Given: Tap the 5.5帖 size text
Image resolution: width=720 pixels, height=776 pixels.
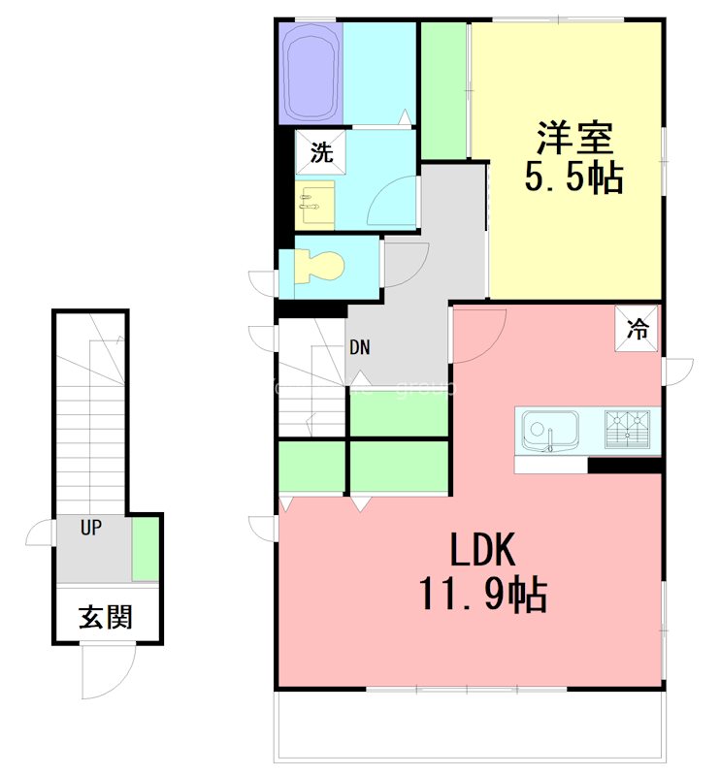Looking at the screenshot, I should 573,178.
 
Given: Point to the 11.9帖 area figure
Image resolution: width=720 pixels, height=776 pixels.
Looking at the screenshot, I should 481,594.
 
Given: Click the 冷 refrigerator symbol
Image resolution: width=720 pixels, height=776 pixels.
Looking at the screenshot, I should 638,328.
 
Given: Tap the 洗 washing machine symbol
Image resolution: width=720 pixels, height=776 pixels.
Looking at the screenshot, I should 320,152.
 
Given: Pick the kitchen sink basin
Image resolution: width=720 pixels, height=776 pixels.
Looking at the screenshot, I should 549,430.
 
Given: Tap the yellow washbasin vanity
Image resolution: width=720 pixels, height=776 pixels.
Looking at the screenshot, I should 316,202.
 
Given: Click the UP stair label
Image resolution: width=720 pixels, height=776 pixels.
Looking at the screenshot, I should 91,529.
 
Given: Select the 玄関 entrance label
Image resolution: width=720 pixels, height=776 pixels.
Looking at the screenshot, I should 106,616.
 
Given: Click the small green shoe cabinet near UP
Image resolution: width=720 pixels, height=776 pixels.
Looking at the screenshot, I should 146,550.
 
